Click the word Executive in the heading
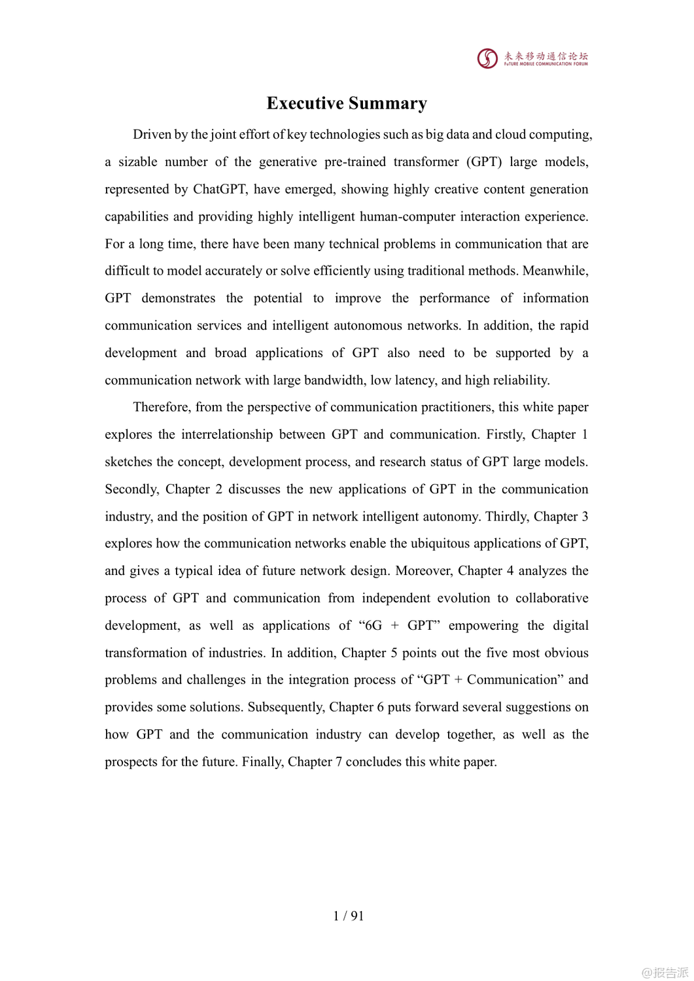[x=305, y=103]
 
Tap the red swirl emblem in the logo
[x=487, y=59]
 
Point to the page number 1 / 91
[x=348, y=916]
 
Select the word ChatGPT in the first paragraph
[x=220, y=189]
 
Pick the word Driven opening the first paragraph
[x=152, y=134]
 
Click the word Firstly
[x=504, y=434]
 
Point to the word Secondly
[x=132, y=489]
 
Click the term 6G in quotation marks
[x=373, y=626]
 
